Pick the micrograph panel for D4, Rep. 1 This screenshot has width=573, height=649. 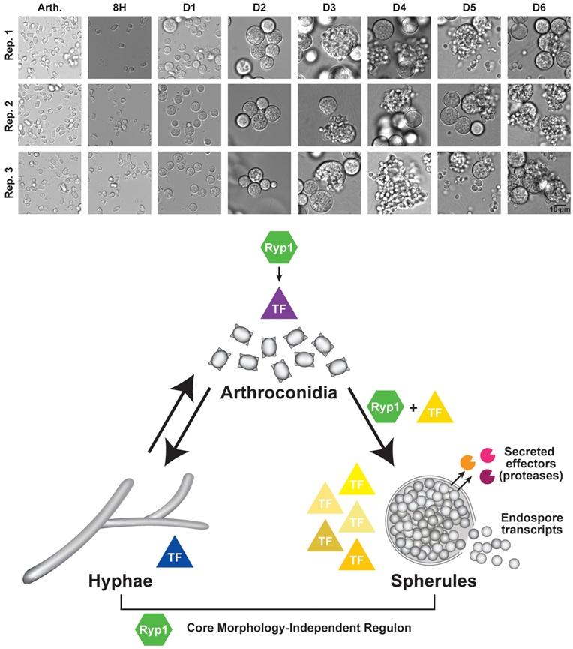pos(397,47)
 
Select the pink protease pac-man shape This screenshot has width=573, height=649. pos(487,455)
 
